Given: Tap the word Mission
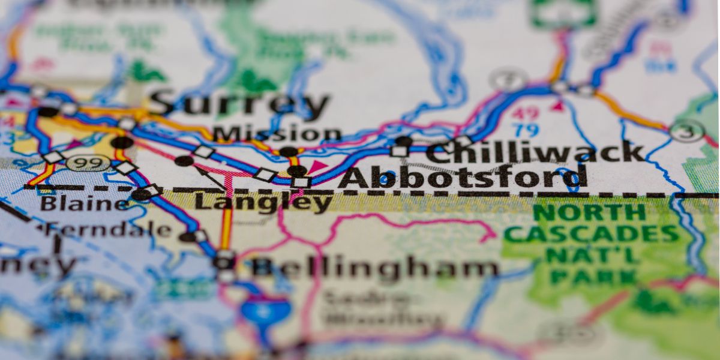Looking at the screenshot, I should (x=277, y=133).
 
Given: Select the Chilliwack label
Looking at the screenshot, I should (x=535, y=152).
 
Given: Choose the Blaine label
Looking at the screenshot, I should (x=84, y=203).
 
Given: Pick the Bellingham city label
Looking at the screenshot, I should (x=374, y=268).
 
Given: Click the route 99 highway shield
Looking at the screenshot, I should (x=88, y=163).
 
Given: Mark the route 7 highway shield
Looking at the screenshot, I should (x=509, y=79).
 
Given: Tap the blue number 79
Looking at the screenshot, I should (x=526, y=130).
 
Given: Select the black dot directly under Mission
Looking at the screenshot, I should (x=289, y=152).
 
